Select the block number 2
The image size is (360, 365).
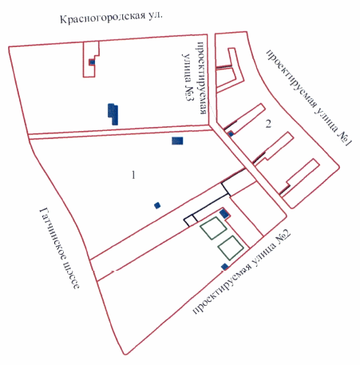point(269,123)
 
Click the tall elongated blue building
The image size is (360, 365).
point(113,113)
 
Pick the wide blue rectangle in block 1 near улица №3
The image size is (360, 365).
point(177,141)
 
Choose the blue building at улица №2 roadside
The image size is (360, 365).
point(224,265)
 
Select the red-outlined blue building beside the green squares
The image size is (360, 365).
point(225,213)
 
